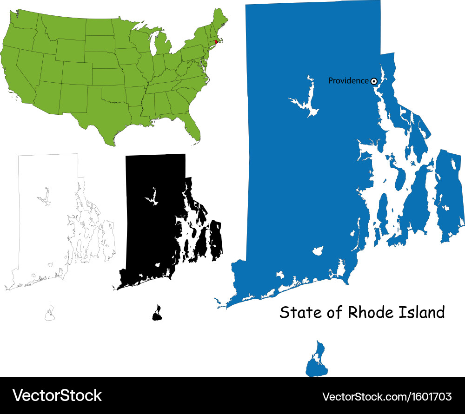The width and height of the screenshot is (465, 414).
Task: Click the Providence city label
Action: coord(348,81)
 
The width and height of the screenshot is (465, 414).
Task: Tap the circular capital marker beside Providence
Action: coord(373,81)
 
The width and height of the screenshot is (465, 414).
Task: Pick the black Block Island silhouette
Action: coord(157,314)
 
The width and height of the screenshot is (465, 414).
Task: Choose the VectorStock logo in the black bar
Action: coord(57,395)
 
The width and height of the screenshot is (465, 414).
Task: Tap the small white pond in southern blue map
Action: coord(319,251)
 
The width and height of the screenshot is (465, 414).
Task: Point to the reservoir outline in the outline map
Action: coord(45,197)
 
